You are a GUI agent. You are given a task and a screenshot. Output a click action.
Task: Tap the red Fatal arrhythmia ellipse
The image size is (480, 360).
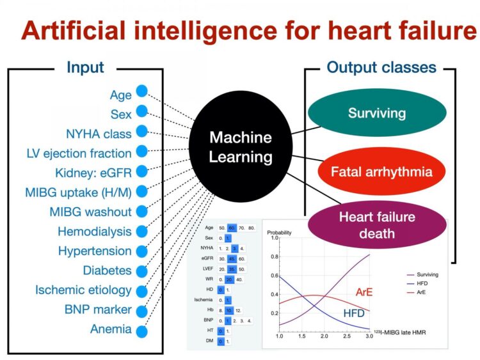click(x=381, y=171)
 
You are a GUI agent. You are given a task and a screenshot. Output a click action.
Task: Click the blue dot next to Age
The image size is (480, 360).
click(x=141, y=93)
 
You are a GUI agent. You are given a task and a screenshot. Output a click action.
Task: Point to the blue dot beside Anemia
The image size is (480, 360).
click(x=141, y=331)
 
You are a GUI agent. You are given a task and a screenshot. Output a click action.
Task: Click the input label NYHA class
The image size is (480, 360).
click(x=99, y=134)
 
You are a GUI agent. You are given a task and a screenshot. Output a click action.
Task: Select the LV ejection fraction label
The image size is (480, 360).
click(x=79, y=153)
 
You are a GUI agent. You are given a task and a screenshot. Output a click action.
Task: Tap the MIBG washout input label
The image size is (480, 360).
click(x=90, y=212)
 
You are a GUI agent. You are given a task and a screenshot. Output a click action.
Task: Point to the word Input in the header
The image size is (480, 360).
click(x=85, y=67)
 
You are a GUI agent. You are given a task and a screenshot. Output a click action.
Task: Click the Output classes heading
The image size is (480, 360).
click(x=381, y=67)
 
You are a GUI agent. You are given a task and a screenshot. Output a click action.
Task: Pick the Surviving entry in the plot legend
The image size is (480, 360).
click(x=424, y=274)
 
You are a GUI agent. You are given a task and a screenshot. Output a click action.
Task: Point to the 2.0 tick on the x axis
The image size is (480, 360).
click(x=324, y=336)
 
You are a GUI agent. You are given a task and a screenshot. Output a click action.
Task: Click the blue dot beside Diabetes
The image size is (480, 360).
click(x=141, y=270)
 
